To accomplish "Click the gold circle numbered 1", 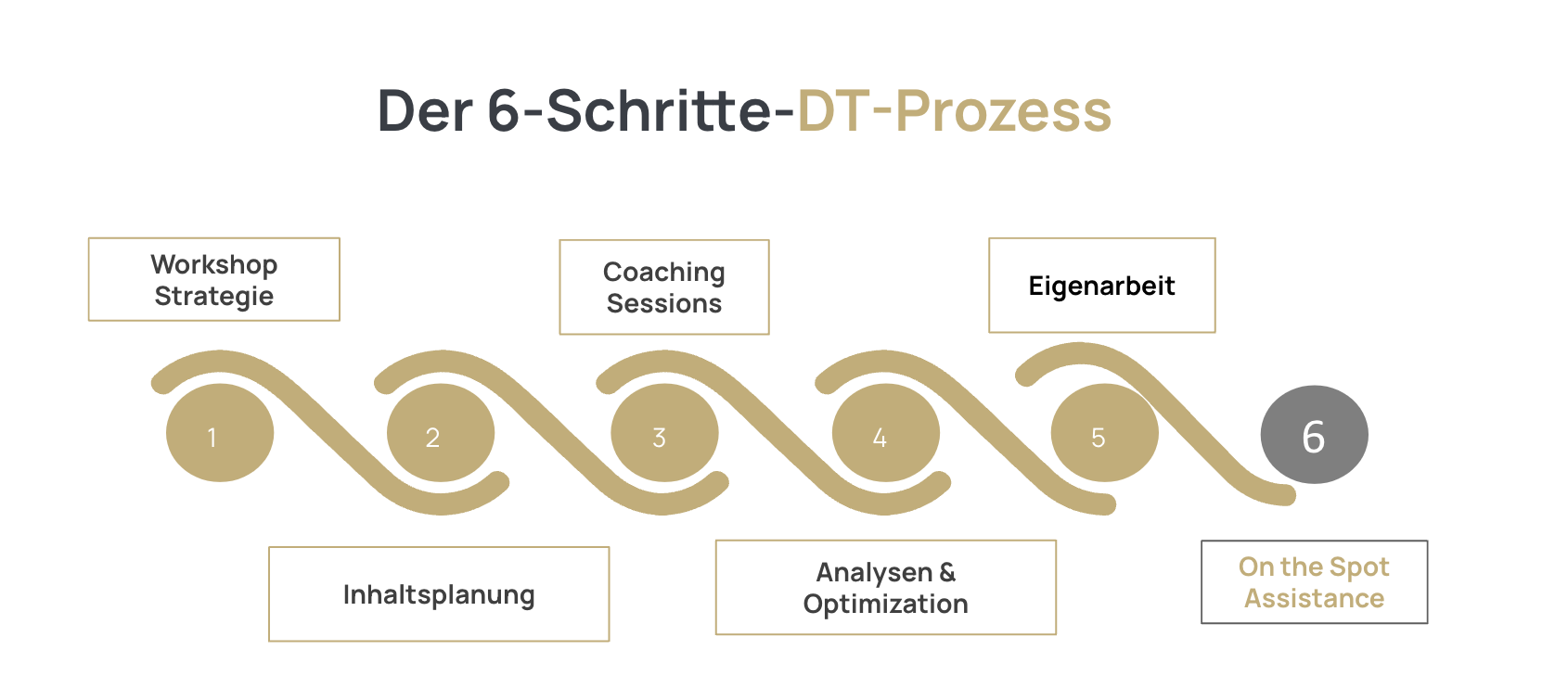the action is click(x=220, y=432).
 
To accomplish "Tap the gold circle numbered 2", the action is click(x=441, y=432).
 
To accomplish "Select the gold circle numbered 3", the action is click(x=664, y=432).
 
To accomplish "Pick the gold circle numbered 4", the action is click(x=885, y=432).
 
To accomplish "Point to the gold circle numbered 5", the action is click(x=1105, y=432).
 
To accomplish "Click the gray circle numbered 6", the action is click(x=1314, y=435).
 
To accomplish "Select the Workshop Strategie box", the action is click(x=214, y=279).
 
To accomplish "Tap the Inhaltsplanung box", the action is click(x=439, y=594).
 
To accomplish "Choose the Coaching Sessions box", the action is click(x=664, y=287).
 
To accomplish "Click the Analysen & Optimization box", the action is click(x=885, y=587).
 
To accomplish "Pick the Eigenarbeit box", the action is click(x=1102, y=285).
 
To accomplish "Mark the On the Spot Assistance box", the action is click(x=1314, y=581).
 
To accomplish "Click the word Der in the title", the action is click(x=426, y=110).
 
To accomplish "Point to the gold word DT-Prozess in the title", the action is click(x=954, y=110).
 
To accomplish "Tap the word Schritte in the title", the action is click(x=659, y=110).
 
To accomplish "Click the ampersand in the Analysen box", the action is click(x=947, y=572).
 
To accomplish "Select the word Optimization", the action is click(x=885, y=604).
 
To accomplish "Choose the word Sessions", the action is click(x=664, y=304).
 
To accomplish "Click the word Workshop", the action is click(x=214, y=265).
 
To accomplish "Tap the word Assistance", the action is click(x=1314, y=598).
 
